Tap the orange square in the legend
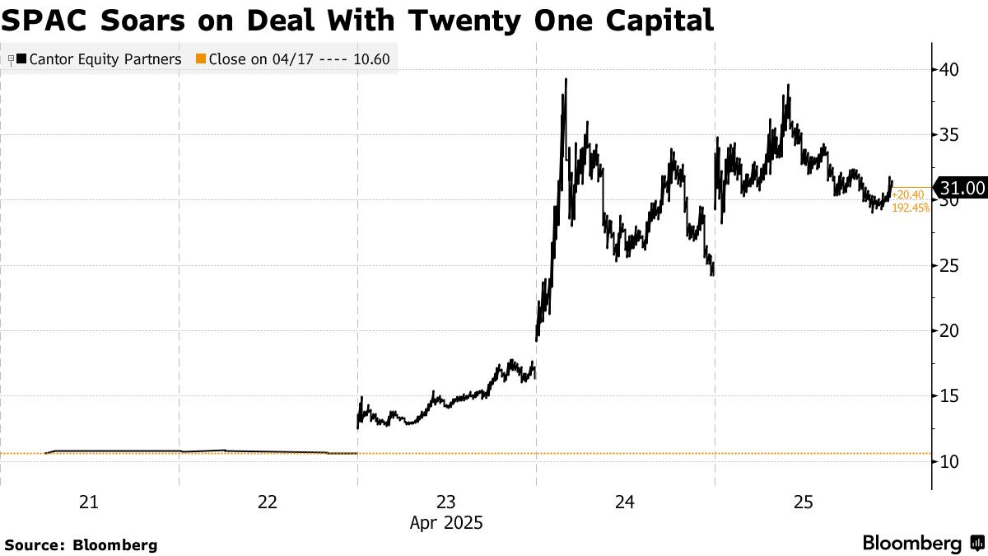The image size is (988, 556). click(x=200, y=59)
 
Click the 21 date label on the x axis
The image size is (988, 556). click(x=88, y=502)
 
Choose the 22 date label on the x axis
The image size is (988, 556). click(x=267, y=502)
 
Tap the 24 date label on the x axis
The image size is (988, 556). click(x=624, y=502)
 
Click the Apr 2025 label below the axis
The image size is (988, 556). click(x=445, y=522)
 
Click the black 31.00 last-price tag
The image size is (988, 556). click(x=961, y=189)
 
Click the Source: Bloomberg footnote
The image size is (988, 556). click(x=81, y=544)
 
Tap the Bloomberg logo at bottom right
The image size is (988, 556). click(x=922, y=544)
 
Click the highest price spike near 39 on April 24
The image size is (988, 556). click(x=566, y=80)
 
